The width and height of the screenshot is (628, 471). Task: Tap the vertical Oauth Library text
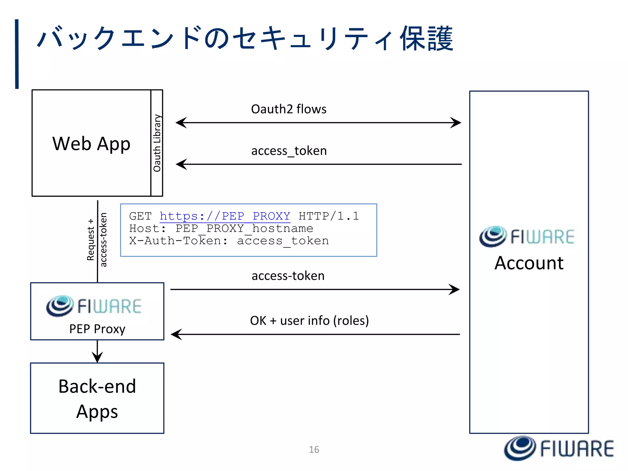(x=157, y=143)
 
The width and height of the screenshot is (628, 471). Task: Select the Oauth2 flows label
(x=289, y=109)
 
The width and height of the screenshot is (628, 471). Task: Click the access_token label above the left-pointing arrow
(x=289, y=151)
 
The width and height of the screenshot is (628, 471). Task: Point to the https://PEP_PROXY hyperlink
(x=225, y=216)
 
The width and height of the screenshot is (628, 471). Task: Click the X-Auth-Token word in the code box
(x=175, y=241)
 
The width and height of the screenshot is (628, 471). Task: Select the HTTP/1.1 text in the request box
(x=329, y=216)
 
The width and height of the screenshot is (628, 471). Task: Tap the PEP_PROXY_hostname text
(x=244, y=228)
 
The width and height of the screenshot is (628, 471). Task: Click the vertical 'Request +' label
(x=90, y=240)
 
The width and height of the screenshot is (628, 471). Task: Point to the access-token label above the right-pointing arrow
(x=288, y=276)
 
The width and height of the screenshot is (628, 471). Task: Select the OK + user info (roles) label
(x=309, y=321)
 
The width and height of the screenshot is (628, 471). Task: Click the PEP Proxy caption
(x=97, y=329)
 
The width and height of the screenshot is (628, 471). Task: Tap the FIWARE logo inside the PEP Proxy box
(x=94, y=306)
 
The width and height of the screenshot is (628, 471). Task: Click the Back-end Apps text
(x=97, y=398)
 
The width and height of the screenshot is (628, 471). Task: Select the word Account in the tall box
(x=529, y=263)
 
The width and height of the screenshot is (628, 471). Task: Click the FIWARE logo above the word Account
(x=527, y=237)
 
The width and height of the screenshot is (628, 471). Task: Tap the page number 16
(x=314, y=450)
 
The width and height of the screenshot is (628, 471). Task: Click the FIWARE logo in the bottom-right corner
(x=559, y=448)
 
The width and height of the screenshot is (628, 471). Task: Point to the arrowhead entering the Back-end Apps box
(x=97, y=358)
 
